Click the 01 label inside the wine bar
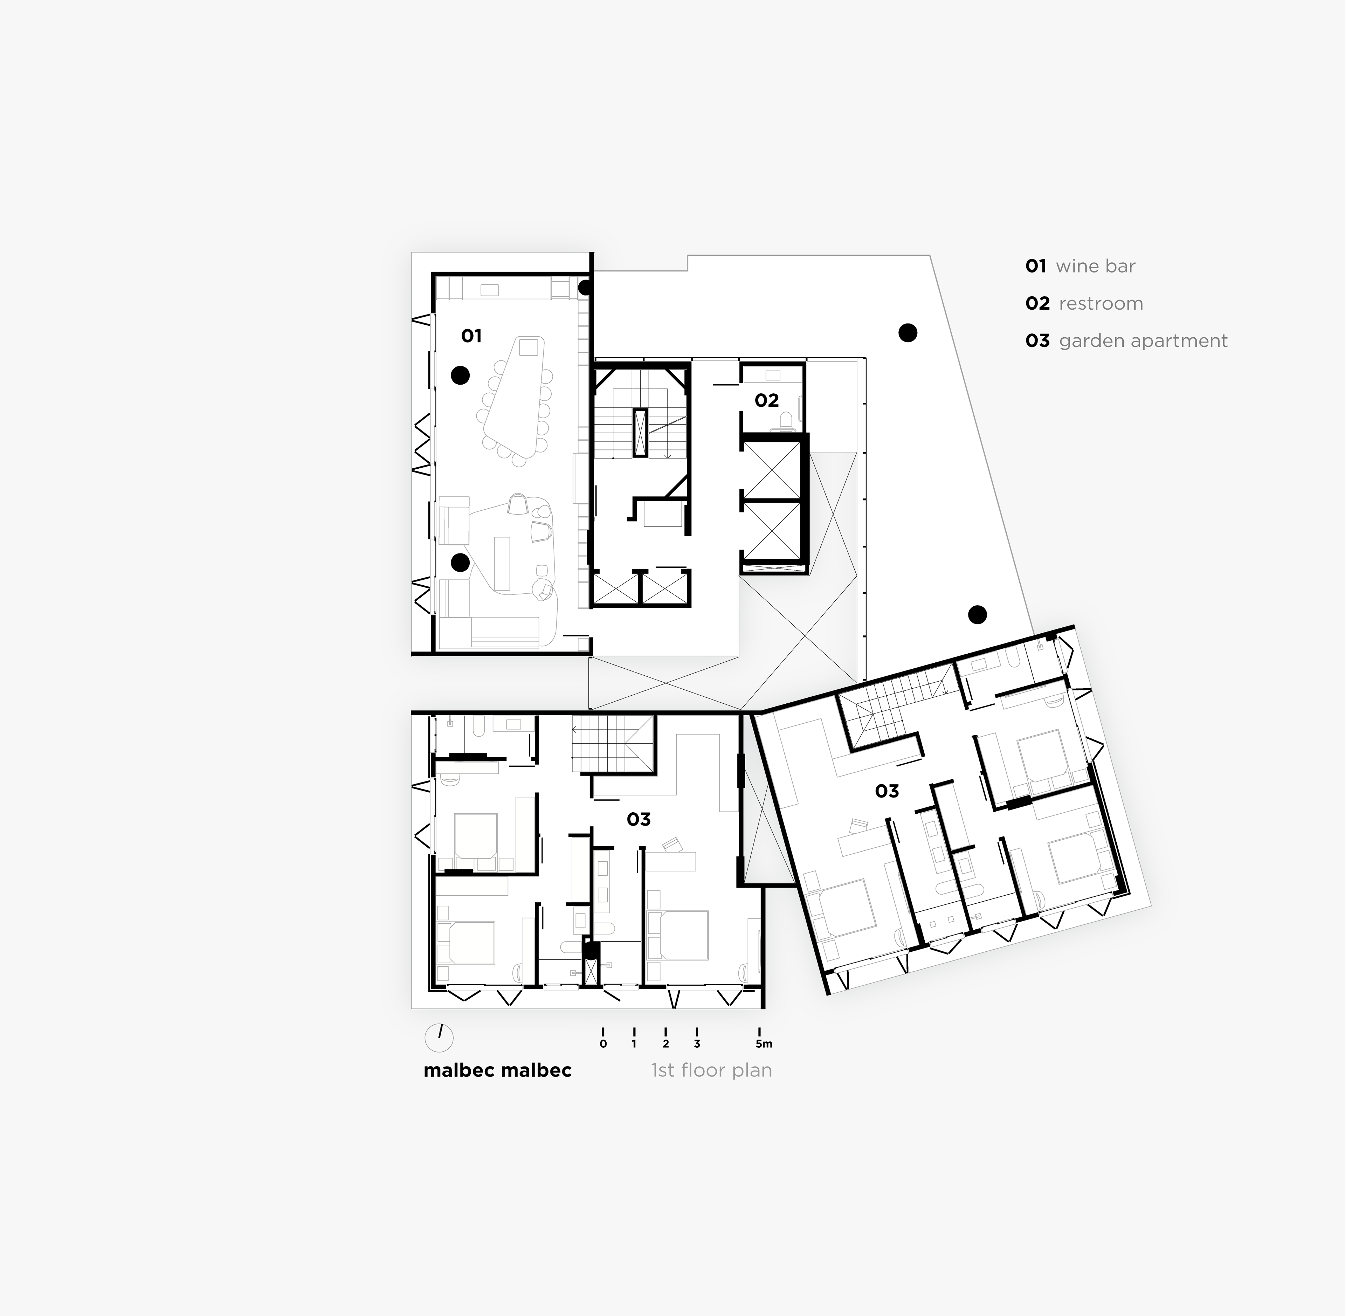(x=471, y=336)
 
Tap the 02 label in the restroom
(x=766, y=400)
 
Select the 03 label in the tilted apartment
(x=887, y=791)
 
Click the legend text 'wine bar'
(x=1096, y=266)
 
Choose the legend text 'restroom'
(x=1101, y=303)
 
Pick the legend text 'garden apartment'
(x=1143, y=341)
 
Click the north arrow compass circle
(x=439, y=1038)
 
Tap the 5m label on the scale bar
(x=764, y=1044)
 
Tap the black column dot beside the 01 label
(x=460, y=375)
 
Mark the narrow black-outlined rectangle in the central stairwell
(x=641, y=433)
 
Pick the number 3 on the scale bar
(x=697, y=1044)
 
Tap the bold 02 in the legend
(x=1037, y=303)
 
